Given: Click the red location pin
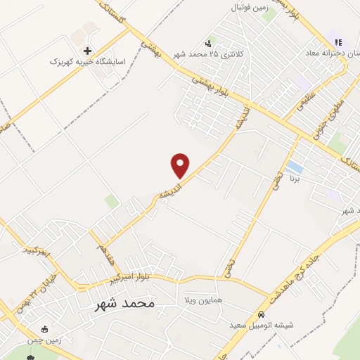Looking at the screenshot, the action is click(181, 166).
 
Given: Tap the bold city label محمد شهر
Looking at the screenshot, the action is click(124, 304).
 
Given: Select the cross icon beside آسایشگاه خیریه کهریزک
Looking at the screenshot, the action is click(87, 51).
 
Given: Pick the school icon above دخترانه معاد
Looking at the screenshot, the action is click(339, 43).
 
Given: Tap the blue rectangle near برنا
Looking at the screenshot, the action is click(295, 168).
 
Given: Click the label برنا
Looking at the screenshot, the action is click(296, 180).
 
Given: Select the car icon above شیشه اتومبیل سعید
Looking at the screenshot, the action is click(261, 315).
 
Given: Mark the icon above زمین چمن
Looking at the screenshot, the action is click(46, 328).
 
